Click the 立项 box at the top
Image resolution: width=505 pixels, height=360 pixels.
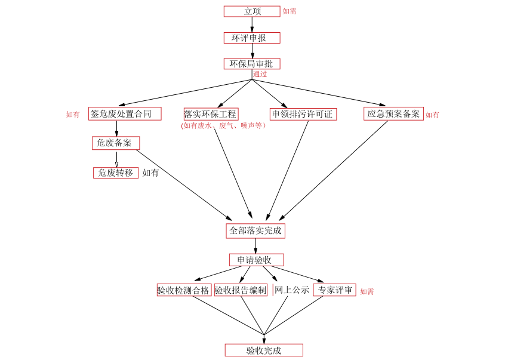click(251, 11)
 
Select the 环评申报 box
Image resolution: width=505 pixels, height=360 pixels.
click(251, 38)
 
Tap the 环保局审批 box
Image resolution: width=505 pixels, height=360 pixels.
click(251, 64)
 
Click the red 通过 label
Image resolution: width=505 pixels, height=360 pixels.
click(260, 75)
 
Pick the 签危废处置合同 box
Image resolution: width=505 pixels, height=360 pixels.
click(125, 113)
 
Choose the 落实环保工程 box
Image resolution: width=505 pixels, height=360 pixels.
click(211, 114)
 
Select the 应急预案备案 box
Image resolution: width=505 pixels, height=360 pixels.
click(393, 113)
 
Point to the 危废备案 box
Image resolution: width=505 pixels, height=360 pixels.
click(116, 143)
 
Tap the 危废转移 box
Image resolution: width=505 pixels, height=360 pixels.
click(116, 173)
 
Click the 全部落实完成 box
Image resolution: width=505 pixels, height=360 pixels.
click(255, 230)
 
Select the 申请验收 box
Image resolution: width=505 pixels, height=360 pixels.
click(256, 260)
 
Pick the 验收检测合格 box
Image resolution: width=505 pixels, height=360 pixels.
click(183, 291)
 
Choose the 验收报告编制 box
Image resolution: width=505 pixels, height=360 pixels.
click(241, 291)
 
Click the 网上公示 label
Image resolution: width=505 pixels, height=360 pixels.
click(291, 291)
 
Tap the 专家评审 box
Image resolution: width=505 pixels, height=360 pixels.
click(334, 291)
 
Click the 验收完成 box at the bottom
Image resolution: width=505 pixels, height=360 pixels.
click(264, 350)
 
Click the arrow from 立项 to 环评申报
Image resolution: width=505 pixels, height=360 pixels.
click(252, 24)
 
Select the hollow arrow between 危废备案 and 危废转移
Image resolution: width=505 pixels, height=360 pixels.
click(116, 160)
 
